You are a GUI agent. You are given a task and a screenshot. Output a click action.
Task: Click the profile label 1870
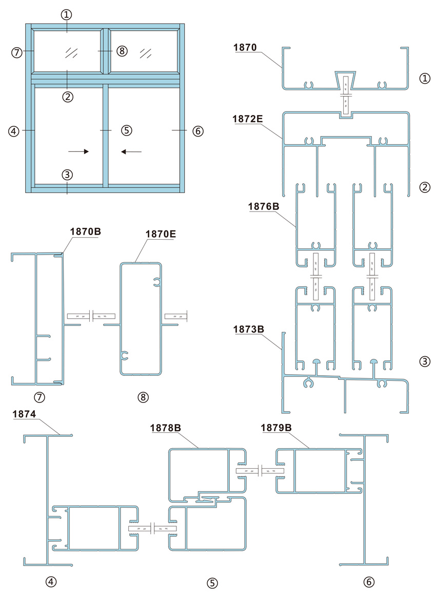(x=245, y=48)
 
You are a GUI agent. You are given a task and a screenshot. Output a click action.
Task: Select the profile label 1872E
(x=248, y=119)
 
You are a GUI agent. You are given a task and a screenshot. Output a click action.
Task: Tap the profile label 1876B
(x=264, y=207)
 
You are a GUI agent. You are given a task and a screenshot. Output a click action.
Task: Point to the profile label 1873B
(x=248, y=329)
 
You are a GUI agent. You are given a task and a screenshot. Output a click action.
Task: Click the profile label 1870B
(x=85, y=232)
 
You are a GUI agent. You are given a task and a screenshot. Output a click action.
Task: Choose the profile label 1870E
(x=161, y=234)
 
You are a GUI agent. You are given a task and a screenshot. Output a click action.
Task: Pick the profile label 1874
(x=24, y=414)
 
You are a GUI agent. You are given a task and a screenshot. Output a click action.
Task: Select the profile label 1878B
(x=166, y=428)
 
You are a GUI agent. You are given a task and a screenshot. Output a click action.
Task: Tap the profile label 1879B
(x=276, y=428)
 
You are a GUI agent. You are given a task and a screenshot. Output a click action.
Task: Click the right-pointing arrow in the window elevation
(x=78, y=151)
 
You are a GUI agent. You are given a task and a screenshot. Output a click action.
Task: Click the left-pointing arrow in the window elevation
(x=131, y=152)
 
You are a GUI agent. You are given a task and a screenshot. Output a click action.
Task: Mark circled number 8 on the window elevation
(x=122, y=50)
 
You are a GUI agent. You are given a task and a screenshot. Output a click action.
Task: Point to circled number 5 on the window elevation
(x=127, y=130)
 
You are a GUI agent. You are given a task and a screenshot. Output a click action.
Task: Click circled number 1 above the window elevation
(x=67, y=15)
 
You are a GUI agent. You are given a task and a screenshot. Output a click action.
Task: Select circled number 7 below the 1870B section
(x=39, y=397)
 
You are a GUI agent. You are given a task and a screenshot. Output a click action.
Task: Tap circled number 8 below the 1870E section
(x=143, y=397)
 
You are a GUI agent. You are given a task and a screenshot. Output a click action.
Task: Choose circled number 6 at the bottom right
(x=368, y=582)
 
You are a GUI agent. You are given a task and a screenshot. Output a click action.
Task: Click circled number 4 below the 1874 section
(x=51, y=582)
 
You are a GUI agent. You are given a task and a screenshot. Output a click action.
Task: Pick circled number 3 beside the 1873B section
(x=425, y=361)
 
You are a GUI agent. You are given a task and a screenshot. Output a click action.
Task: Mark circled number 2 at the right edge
(x=425, y=187)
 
